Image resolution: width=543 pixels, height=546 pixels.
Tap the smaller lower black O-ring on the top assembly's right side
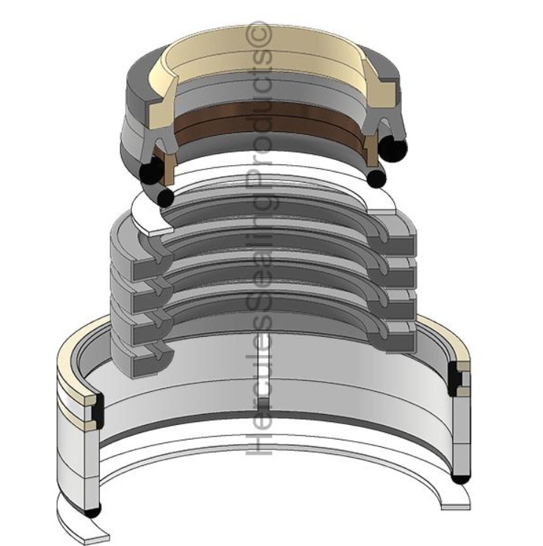point(376,178)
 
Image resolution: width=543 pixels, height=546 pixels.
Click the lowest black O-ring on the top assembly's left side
point(167,197)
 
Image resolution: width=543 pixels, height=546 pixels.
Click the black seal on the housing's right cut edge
point(455,379)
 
